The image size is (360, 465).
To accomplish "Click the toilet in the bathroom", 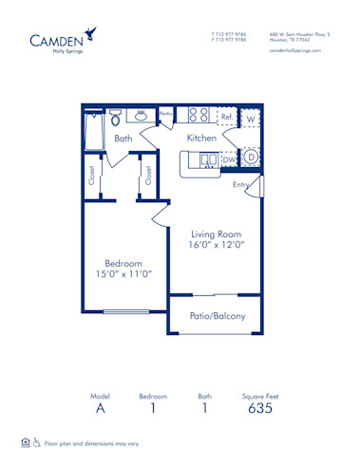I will click(115, 119).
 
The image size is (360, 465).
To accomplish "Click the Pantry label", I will click(165, 114).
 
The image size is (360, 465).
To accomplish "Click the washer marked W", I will click(251, 120).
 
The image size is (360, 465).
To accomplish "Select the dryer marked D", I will click(251, 157).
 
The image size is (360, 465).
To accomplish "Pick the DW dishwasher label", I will click(229, 160).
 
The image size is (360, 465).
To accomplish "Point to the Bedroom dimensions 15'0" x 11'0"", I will click(123, 274).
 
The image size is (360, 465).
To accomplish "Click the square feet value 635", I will click(260, 409).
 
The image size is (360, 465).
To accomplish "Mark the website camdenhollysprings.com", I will click(295, 50).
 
